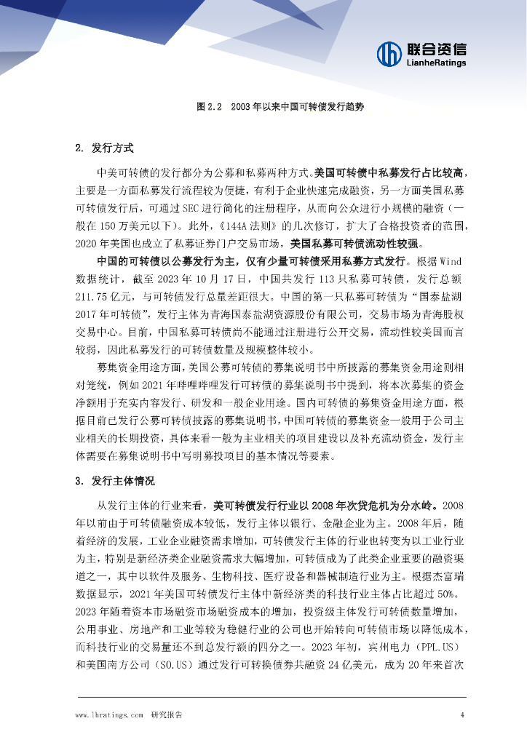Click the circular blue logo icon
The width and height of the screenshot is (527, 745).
[x=389, y=52]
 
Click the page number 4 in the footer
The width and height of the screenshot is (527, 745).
[x=462, y=715]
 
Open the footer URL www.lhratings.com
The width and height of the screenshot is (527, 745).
[x=109, y=715]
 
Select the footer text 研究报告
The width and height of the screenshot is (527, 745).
[x=167, y=715]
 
